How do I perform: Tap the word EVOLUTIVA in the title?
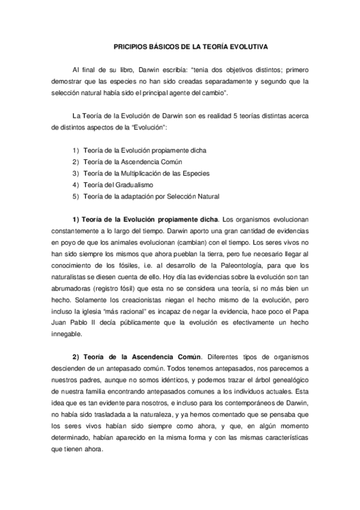[x=245, y=46]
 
